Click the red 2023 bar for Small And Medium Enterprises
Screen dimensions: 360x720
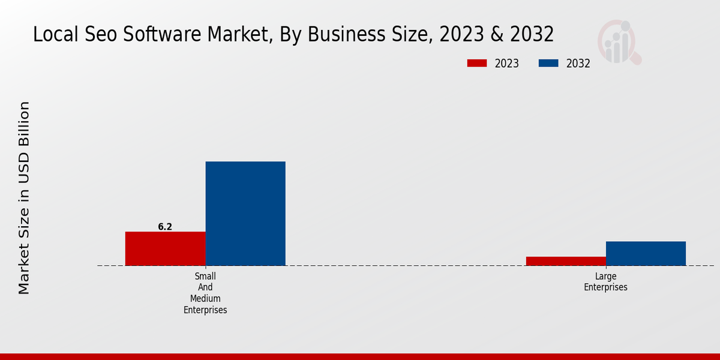(x=165, y=248)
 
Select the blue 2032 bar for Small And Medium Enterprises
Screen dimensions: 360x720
(x=245, y=213)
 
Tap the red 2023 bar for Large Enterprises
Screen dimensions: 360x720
(x=566, y=261)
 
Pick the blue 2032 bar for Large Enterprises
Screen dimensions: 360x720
(x=646, y=253)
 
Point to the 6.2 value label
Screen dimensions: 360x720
(x=165, y=227)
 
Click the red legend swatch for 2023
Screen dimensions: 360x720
(x=477, y=64)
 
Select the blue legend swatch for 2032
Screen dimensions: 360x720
(x=548, y=64)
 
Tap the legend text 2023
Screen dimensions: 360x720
(x=507, y=64)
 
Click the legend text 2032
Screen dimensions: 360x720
(x=578, y=64)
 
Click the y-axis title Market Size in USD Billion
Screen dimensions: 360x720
(x=24, y=198)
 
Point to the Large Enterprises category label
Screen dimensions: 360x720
(x=605, y=282)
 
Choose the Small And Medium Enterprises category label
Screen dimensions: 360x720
(x=205, y=293)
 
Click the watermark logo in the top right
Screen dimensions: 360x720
(x=619, y=42)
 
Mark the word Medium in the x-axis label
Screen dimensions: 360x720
(x=205, y=299)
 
